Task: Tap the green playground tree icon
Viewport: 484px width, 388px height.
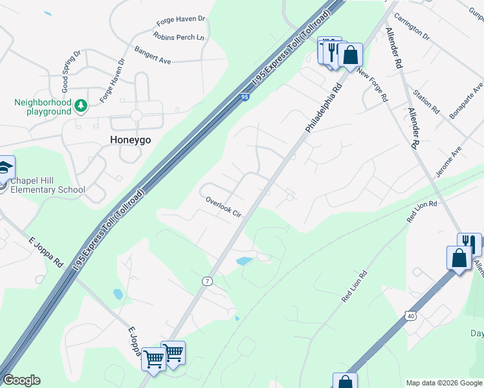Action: tap(80, 105)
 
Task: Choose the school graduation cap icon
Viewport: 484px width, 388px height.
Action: tap(5, 168)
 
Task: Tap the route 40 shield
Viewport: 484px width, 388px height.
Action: tap(411, 316)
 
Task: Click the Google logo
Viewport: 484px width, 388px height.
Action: tap(21, 380)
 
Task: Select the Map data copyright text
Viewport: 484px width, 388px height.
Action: tap(443, 383)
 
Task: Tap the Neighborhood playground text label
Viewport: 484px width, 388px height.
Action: tap(43, 107)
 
